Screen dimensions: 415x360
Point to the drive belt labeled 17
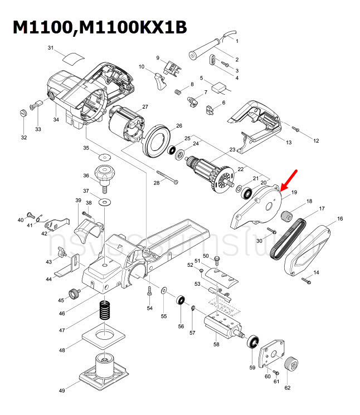tap(286, 237)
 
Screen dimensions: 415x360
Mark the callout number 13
tap(289, 143)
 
